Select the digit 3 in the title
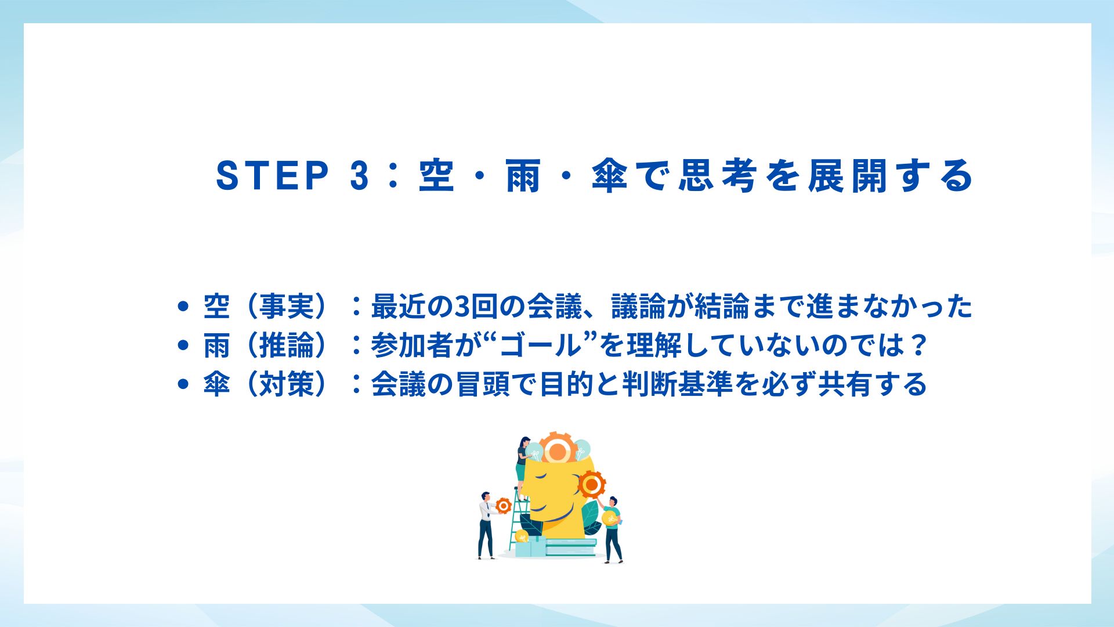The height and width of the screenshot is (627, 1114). pos(360,175)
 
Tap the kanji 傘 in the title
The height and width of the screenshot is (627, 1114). pos(610,175)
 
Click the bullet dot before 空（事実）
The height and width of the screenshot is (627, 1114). pos(184,306)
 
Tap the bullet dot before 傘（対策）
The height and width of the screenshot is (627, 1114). pos(184,384)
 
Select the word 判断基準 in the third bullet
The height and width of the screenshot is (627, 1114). pos(677,384)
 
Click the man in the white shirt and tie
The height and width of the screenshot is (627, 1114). pos(486,525)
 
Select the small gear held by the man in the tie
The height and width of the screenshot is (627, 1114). pos(503,506)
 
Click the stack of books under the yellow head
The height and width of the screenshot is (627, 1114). pos(570,546)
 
